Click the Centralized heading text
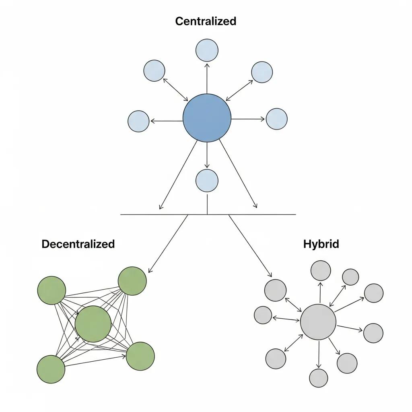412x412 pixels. coord(206,21)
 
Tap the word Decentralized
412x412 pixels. coord(78,244)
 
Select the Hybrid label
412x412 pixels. coord(321,244)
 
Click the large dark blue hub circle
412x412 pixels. coord(207,118)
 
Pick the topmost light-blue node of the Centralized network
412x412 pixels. coord(207,50)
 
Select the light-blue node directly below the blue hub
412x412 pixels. coord(207,180)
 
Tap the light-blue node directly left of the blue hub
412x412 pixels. coord(138,121)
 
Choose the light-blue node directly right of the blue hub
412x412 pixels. coord(277,119)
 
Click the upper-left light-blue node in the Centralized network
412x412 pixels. coord(154,70)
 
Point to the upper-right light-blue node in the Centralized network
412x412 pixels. coord(262,72)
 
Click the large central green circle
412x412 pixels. coord(93,323)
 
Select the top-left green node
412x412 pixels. coord(51,290)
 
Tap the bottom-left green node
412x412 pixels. coord(51,369)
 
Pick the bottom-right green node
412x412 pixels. coord(140,356)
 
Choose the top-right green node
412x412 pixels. coord(132,281)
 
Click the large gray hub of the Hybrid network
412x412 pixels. coord(318,322)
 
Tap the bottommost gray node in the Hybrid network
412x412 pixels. coord(319,378)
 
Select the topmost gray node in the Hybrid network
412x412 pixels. coord(321,270)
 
